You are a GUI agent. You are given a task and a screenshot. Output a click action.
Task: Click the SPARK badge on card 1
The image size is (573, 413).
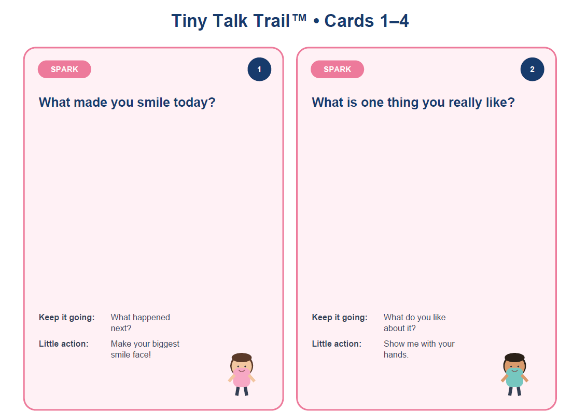[x=64, y=69]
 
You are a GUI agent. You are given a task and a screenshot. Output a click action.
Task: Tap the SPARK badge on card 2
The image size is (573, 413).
[x=337, y=69]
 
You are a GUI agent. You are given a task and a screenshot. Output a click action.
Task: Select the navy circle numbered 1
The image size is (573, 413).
[x=259, y=69]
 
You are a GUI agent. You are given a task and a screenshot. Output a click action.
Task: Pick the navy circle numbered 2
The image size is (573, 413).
[x=533, y=69]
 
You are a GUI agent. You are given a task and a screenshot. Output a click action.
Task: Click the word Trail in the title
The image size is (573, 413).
[x=269, y=21]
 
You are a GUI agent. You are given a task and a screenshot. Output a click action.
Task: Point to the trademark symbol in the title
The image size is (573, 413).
[x=299, y=18]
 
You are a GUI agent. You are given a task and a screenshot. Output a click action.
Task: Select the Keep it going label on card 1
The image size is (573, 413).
[x=66, y=318]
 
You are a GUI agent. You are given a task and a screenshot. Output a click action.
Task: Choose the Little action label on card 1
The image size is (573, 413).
[x=64, y=344]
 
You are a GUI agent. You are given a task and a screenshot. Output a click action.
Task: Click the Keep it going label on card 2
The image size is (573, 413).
[x=340, y=318]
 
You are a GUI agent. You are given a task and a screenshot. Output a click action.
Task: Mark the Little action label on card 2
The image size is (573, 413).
[x=337, y=344]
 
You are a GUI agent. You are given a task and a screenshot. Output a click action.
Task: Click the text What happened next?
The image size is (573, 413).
[x=141, y=323]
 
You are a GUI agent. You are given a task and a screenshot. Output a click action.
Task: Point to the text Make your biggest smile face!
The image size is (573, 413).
[x=145, y=349]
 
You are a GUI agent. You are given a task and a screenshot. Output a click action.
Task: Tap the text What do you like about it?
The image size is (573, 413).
[x=414, y=323]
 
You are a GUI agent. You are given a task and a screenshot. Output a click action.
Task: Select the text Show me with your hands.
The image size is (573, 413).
[x=419, y=349]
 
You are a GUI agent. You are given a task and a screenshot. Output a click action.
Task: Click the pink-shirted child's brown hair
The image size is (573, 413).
[x=242, y=357]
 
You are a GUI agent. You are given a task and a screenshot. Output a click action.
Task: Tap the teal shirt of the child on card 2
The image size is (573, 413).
[x=514, y=378]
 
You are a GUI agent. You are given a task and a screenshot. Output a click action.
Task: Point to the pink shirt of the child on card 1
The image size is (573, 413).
[x=242, y=378]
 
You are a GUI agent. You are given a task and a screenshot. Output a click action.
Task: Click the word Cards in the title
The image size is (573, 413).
[x=349, y=21]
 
